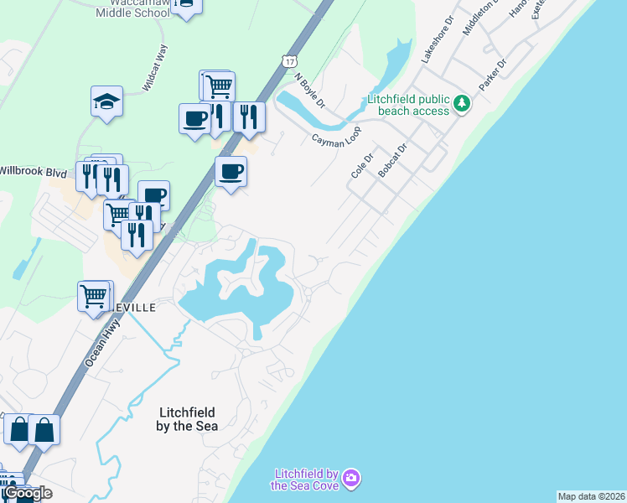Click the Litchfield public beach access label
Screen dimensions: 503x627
click(409, 105)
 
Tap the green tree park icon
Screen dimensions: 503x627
click(462, 104)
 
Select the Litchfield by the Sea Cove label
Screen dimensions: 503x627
click(304, 480)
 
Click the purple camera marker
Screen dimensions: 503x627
click(351, 479)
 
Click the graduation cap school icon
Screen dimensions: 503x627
click(106, 101)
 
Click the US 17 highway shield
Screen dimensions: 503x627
click(289, 62)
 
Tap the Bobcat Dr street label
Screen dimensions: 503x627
click(391, 159)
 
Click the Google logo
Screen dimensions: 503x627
click(28, 493)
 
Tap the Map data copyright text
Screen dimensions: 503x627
click(591, 496)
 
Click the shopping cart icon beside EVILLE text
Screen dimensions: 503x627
click(95, 295)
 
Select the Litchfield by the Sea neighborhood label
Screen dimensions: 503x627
click(187, 418)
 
